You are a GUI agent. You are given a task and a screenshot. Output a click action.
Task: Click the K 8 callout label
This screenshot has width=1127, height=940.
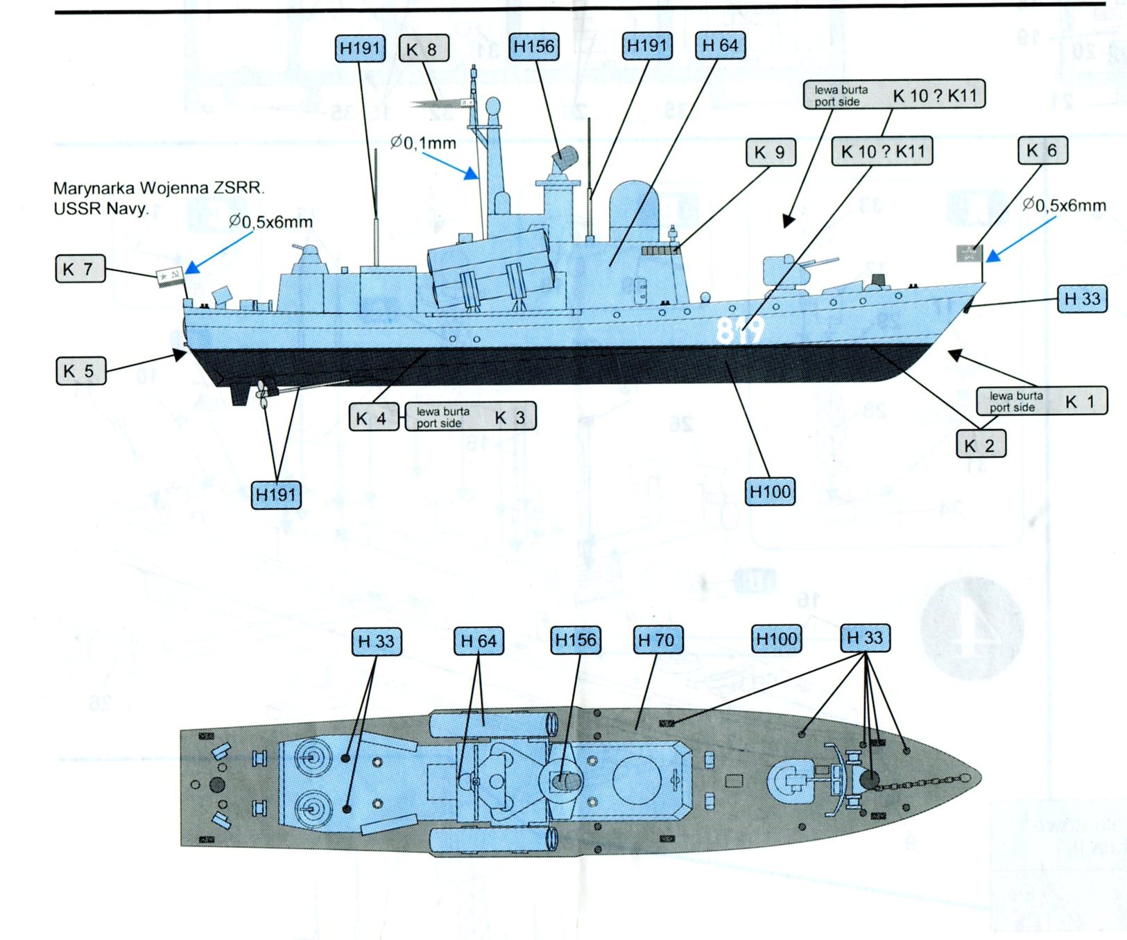pyautogui.click(x=423, y=49)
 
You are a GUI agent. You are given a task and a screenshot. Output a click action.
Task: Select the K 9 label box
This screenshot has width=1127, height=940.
pyautogui.click(x=770, y=153)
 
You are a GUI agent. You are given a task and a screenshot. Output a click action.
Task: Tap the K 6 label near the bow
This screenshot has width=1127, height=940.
pyautogui.click(x=1042, y=150)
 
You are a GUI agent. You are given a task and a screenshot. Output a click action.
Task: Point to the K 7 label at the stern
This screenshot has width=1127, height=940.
pyautogui.click(x=80, y=269)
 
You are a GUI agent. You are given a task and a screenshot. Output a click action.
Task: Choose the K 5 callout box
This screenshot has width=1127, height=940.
pyautogui.click(x=80, y=371)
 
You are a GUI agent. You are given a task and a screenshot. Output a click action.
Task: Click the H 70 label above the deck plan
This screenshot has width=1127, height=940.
pyautogui.click(x=657, y=640)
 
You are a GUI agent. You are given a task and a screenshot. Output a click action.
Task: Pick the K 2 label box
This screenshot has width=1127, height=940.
pyautogui.click(x=980, y=445)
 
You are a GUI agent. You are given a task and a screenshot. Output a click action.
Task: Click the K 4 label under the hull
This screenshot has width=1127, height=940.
pyautogui.click(x=373, y=418)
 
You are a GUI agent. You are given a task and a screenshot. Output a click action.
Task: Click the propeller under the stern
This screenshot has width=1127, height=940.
pyautogui.click(x=262, y=392)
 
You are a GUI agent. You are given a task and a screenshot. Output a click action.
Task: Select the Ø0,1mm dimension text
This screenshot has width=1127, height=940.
pyautogui.click(x=423, y=143)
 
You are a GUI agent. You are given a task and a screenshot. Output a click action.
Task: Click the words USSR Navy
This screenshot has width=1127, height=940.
pyautogui.click(x=101, y=208)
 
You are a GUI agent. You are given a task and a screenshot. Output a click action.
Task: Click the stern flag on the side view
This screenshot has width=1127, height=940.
pyautogui.click(x=170, y=276)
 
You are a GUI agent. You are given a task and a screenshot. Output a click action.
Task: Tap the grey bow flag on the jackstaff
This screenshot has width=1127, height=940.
pyautogui.click(x=967, y=254)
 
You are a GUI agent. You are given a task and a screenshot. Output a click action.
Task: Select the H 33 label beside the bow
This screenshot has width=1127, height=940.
pyautogui.click(x=1082, y=299)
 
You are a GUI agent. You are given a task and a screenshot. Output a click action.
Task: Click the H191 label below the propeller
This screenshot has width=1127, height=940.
pyautogui.click(x=277, y=495)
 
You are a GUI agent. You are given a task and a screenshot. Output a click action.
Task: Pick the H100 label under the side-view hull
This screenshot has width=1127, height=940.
pyautogui.click(x=770, y=492)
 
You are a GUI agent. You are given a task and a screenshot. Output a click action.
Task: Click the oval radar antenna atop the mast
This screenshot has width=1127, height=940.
pyautogui.click(x=493, y=107)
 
